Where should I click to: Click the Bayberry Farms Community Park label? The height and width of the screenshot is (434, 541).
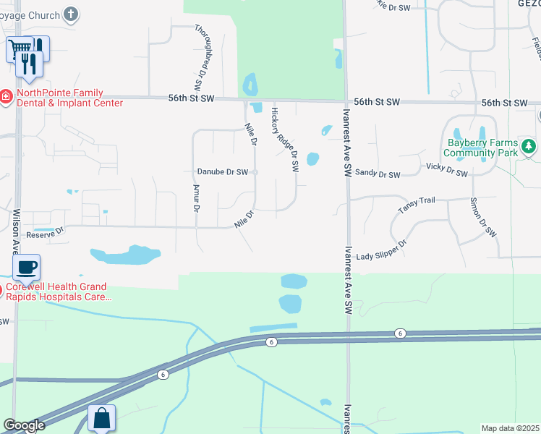pos(481,148)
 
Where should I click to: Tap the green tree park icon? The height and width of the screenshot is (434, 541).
pos(529,147)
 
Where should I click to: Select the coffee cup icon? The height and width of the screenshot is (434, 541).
pos(26,268)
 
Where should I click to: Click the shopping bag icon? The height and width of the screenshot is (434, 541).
pos(101,418)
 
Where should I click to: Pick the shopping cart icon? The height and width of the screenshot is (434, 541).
pos(18,49)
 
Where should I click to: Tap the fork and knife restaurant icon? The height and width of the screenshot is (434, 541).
pos(29,62)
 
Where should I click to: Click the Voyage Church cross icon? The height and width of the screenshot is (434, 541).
pos(71,14)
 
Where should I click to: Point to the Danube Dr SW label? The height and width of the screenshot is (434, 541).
pos(223,172)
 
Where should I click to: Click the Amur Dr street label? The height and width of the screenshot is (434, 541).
pos(196,197)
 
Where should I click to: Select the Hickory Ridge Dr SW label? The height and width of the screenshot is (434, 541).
pos(284,140)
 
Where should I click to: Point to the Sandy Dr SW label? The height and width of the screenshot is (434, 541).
pos(378,174)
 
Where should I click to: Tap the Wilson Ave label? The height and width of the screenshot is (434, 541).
pos(16,231)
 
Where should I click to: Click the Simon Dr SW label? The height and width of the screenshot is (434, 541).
pos(483,217)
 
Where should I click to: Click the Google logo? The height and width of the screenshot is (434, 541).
pos(24,425)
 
